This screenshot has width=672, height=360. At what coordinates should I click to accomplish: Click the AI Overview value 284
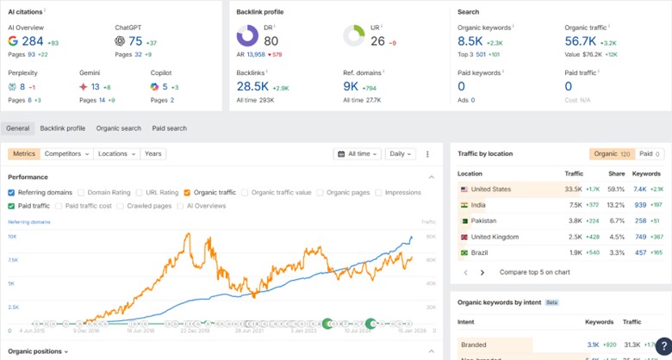(33, 40)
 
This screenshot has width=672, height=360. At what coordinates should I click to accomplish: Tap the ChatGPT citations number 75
(135, 40)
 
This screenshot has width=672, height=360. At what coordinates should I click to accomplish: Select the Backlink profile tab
(63, 128)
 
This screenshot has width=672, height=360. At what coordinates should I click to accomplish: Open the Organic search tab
(118, 128)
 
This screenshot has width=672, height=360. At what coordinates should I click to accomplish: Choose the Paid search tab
(169, 128)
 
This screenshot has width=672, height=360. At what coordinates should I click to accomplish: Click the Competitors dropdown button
(67, 154)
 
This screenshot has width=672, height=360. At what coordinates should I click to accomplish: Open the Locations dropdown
(116, 154)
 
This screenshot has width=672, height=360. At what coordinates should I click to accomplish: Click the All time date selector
(357, 154)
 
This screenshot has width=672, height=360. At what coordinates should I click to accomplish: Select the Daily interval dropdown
(400, 154)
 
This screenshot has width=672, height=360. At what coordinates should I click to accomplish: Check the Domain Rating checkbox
(82, 193)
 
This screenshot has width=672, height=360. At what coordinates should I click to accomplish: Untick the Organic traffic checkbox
(187, 193)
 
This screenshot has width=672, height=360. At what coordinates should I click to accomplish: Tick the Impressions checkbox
(380, 193)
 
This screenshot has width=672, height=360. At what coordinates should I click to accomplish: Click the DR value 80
(271, 40)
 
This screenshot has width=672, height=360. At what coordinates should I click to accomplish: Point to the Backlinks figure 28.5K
(252, 86)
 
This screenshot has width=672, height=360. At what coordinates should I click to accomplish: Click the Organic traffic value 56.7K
(580, 40)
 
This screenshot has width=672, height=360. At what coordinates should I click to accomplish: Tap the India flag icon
(464, 205)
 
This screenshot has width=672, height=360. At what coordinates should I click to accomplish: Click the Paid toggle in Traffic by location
(647, 153)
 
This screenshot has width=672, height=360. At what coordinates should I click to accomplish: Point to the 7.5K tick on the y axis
(13, 260)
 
